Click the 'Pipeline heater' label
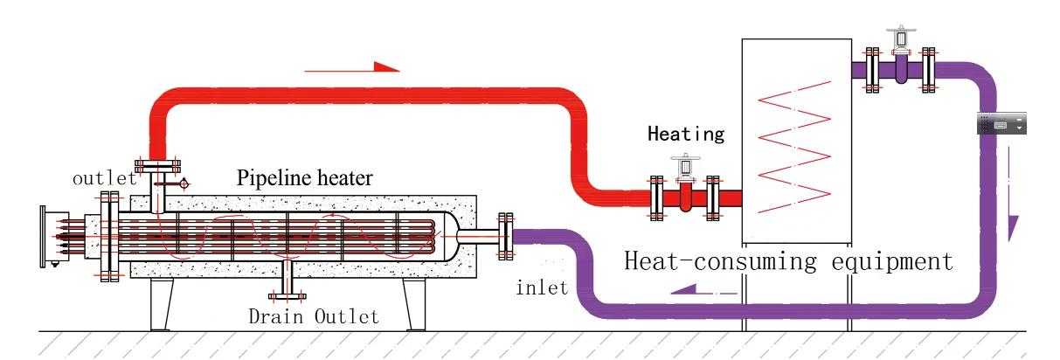click(x=305, y=178)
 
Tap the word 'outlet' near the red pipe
click(x=103, y=178)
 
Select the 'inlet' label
click(x=542, y=286)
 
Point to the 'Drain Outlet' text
click(x=314, y=315)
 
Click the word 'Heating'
click(x=686, y=134)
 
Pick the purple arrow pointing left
click(x=698, y=288)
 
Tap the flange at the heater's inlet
click(x=504, y=235)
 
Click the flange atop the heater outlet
click(x=158, y=165)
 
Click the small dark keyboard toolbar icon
click(x=1001, y=124)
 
